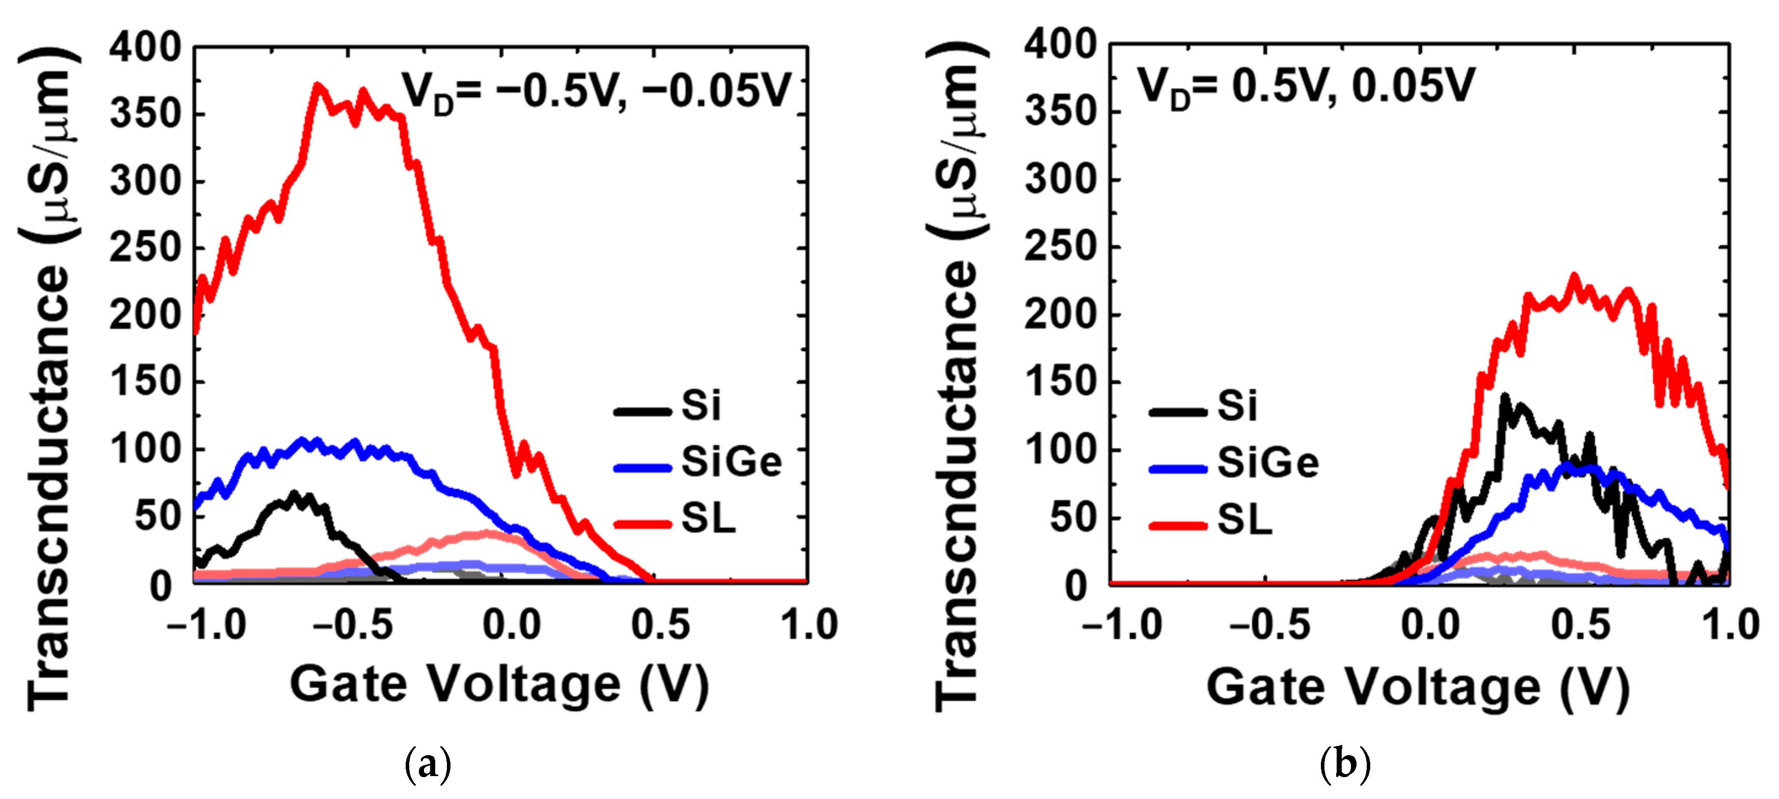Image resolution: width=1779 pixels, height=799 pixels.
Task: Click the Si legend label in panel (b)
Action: tap(1237, 405)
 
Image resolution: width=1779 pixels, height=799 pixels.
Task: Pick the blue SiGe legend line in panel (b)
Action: tap(1177, 469)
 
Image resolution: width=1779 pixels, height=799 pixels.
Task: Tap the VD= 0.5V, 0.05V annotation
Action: tap(1305, 87)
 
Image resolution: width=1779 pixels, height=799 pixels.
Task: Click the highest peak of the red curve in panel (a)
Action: tap(318, 87)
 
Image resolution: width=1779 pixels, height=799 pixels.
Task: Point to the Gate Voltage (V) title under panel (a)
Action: tap(499, 684)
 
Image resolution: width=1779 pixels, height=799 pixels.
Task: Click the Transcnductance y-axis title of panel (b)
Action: tap(956, 377)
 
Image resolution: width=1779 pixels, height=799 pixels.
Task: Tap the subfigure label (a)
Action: tap(428, 764)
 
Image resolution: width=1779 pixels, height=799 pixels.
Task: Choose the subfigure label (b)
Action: tap(1344, 764)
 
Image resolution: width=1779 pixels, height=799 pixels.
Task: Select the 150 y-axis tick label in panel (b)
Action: tap(1060, 382)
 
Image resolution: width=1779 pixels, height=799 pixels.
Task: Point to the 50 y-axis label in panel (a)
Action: tap(157, 516)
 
